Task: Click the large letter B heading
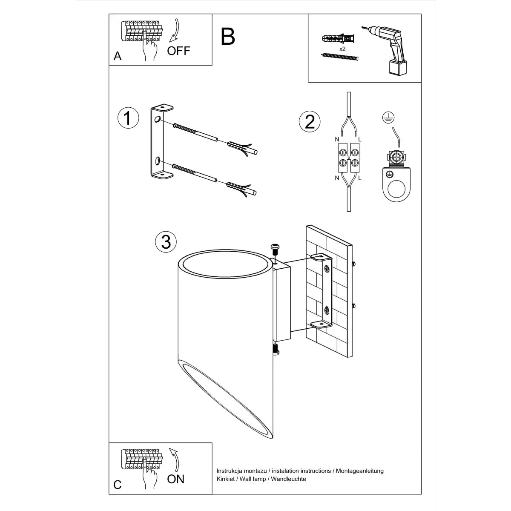click(228, 37)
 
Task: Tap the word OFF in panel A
click(178, 51)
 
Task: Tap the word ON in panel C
click(175, 479)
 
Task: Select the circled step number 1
click(128, 118)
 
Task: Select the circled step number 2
click(310, 121)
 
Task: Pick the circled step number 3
click(166, 241)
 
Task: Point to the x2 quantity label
click(342, 49)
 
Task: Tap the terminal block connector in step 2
click(349, 157)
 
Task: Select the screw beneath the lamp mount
click(276, 349)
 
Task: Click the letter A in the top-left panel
click(118, 56)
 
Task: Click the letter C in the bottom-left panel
click(118, 485)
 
